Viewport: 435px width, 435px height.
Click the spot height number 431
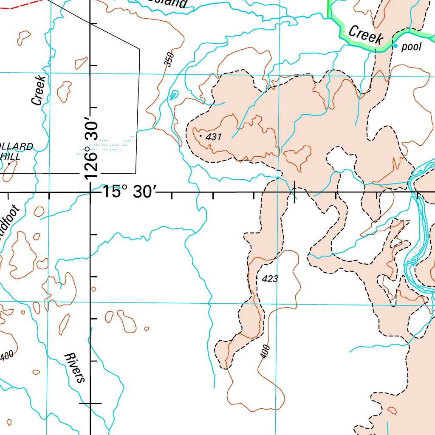214,137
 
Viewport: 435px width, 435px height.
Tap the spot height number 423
270,279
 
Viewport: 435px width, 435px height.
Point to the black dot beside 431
201,136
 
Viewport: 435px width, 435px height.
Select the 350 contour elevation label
169,59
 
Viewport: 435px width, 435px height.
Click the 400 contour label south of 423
265,352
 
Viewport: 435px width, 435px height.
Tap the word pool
411,47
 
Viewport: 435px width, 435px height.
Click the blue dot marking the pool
395,46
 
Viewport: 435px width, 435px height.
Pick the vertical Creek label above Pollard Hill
38,90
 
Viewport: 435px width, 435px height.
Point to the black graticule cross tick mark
295,192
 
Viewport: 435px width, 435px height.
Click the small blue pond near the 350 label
173,95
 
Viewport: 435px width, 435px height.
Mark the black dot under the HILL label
8,164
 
